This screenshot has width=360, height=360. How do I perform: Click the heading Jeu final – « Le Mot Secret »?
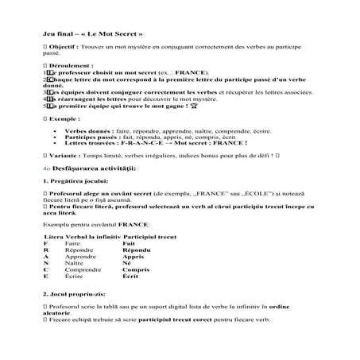pyautogui.click(x=93, y=35)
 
